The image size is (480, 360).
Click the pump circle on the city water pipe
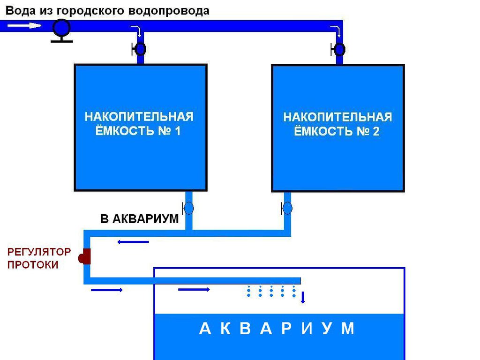coord(61,28)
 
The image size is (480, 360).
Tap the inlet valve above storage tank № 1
coord(140,48)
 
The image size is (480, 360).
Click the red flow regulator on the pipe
coord(85,256)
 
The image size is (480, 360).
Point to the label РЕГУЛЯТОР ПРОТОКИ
coord(39,258)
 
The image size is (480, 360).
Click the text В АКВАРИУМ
coord(140,219)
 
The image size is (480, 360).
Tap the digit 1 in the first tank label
coord(177,131)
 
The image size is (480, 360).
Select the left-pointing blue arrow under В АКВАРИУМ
coord(133,242)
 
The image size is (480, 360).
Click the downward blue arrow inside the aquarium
coord(303,298)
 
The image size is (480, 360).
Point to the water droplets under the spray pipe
coord(271,292)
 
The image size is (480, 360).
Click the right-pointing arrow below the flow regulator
coord(106,290)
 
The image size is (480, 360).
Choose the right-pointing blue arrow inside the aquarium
coord(194,290)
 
